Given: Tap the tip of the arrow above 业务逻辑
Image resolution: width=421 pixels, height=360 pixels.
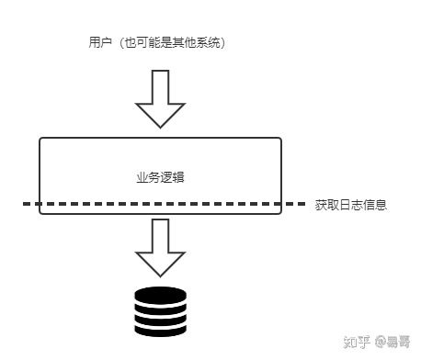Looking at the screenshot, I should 160,127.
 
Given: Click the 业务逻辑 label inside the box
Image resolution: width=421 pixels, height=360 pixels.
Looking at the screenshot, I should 159,175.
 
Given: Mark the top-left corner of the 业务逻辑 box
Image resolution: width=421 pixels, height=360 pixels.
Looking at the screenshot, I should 40,139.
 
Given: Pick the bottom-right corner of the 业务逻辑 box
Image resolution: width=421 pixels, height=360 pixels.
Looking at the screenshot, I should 280,213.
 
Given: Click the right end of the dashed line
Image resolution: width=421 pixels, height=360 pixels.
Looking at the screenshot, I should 304,204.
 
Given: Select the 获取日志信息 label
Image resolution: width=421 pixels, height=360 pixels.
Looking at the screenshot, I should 350,205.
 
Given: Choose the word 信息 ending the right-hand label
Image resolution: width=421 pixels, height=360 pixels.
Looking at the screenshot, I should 374,205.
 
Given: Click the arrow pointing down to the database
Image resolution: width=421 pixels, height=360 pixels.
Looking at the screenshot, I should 160,246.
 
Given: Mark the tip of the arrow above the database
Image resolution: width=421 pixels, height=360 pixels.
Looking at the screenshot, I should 160,276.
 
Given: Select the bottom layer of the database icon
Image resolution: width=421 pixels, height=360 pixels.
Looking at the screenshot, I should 160,329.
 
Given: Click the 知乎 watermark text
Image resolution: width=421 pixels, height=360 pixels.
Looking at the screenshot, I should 357,342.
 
